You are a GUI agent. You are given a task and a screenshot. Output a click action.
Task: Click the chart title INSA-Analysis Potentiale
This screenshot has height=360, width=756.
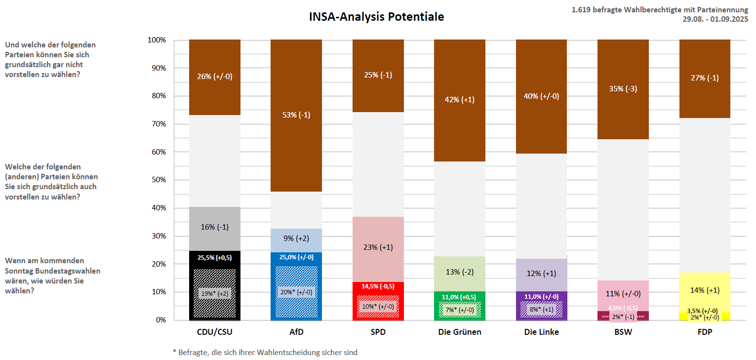376,17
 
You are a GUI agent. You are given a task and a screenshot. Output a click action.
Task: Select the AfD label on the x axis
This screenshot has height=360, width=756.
296,332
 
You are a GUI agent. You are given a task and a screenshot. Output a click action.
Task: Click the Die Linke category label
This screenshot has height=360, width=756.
541,332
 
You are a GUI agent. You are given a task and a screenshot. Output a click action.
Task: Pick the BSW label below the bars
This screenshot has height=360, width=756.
623,332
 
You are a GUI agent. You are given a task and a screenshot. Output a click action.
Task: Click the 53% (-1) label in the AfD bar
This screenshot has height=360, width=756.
296,115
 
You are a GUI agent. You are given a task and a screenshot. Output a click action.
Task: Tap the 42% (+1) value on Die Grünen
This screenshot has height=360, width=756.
459,99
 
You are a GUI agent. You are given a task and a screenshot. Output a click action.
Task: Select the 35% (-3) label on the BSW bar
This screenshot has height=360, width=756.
623,89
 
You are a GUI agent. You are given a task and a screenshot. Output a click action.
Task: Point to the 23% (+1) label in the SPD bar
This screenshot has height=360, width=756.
378,247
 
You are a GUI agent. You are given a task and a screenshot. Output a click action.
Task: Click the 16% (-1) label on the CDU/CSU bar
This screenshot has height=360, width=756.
214,227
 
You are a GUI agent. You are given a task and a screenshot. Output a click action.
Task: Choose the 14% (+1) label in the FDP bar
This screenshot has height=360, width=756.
705,290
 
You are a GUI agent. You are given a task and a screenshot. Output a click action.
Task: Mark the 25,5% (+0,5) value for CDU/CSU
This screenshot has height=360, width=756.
214,257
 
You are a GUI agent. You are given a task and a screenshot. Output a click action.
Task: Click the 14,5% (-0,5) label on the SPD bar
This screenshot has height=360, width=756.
378,286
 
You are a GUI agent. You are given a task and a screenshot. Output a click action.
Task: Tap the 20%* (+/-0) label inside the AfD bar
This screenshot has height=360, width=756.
296,292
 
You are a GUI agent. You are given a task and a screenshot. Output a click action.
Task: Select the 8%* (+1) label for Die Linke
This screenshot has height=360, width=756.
541,310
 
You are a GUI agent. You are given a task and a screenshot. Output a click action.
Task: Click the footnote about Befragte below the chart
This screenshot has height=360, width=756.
265,353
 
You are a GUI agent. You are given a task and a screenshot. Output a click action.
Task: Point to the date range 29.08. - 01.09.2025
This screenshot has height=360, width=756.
715,19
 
